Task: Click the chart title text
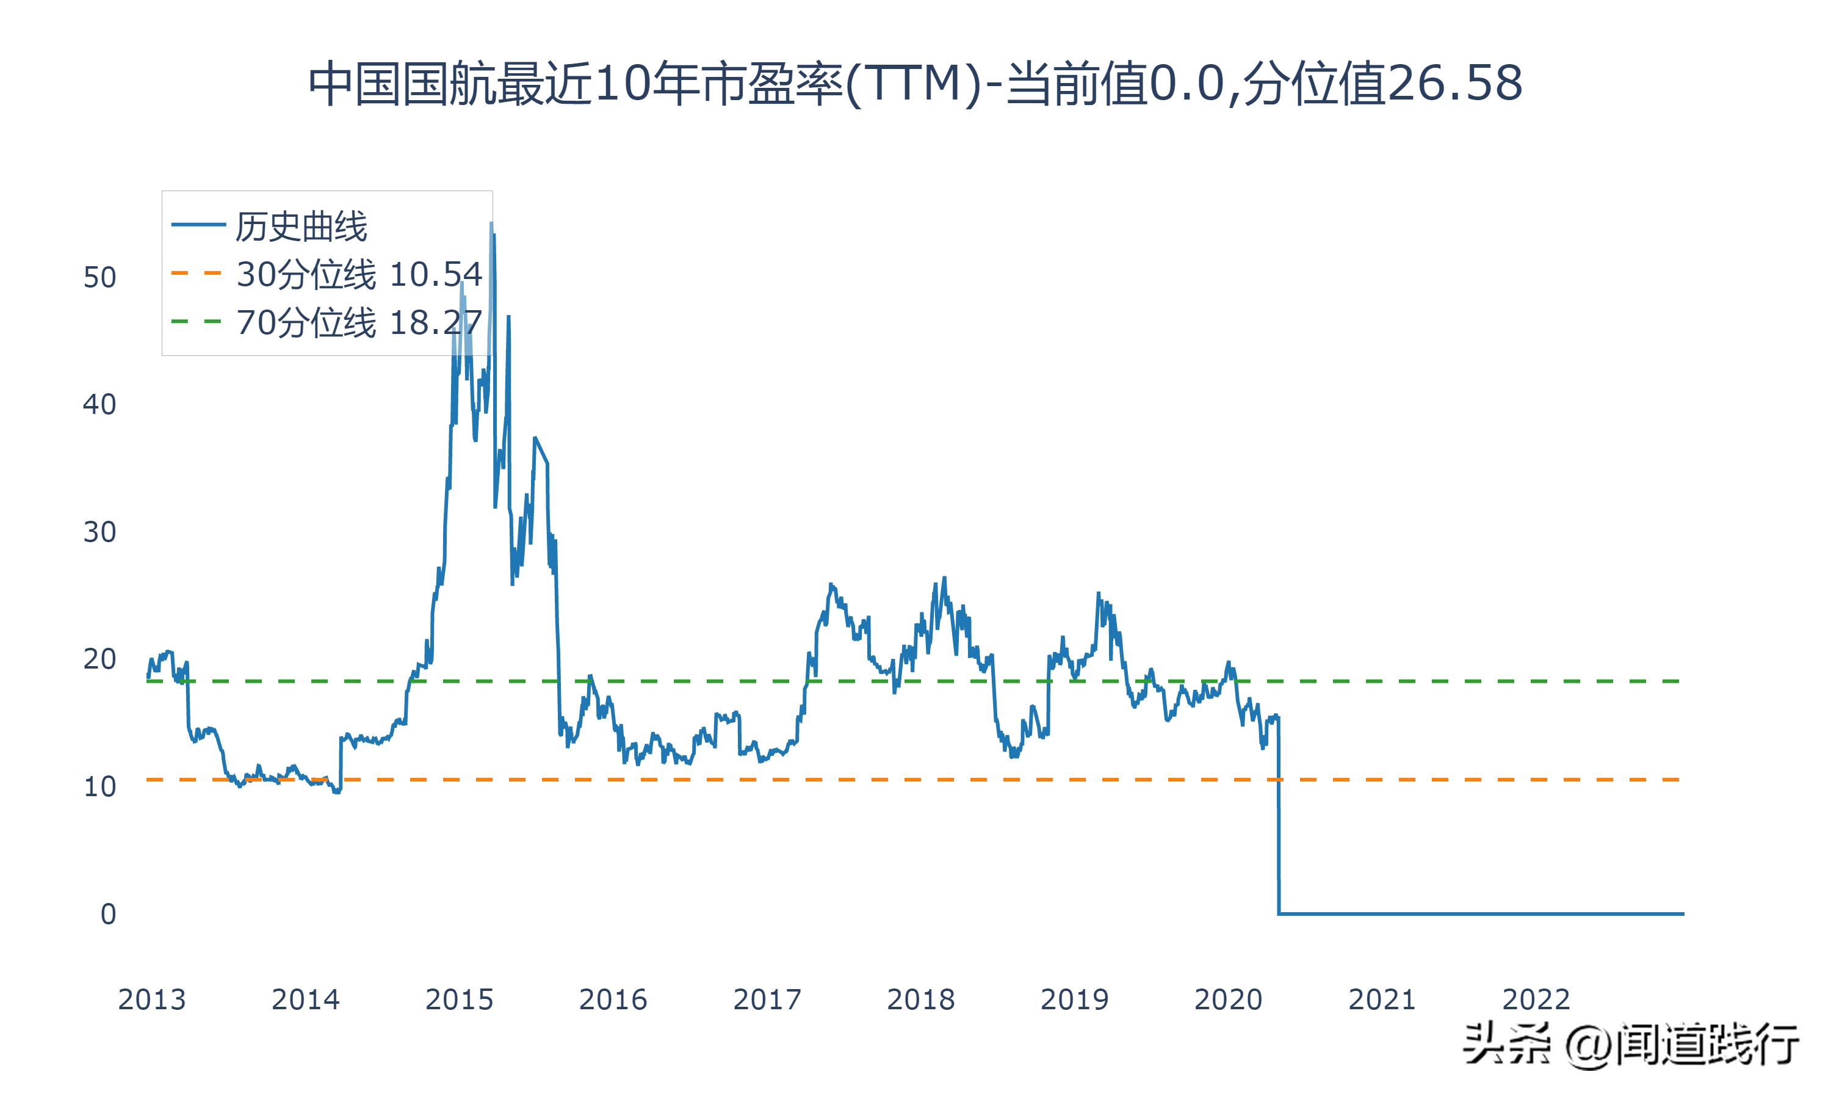[915, 84]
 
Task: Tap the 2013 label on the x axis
[152, 999]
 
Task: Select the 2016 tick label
[613, 999]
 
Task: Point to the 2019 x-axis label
[1075, 999]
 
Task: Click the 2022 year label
[1536, 999]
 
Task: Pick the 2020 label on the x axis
[1229, 999]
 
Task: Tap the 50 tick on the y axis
[100, 278]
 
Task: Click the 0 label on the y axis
[108, 915]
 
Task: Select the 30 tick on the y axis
[100, 532]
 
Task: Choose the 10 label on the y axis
[100, 787]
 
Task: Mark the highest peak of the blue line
[491, 223]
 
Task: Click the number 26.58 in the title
[1454, 84]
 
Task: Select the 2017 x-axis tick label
[767, 999]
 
